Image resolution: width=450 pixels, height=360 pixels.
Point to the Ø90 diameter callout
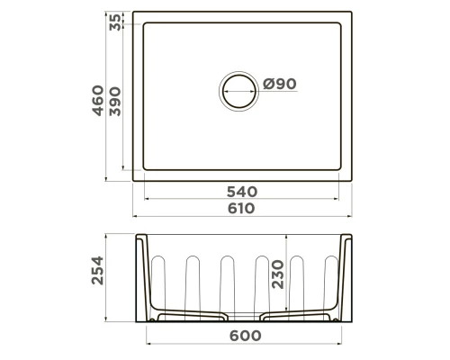pyautogui.click(x=280, y=85)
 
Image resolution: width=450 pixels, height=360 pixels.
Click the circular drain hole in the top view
pyautogui.click(x=238, y=93)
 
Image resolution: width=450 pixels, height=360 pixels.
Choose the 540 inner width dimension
pyautogui.click(x=242, y=192)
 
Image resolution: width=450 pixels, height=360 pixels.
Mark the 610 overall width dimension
pyautogui.click(x=242, y=208)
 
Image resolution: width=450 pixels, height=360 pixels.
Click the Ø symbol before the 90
pyautogui.click(x=269, y=85)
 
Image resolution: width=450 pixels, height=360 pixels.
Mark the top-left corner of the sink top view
pyautogui.click(x=133, y=13)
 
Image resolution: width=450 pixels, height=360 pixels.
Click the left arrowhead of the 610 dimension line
pyautogui.click(x=135, y=218)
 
